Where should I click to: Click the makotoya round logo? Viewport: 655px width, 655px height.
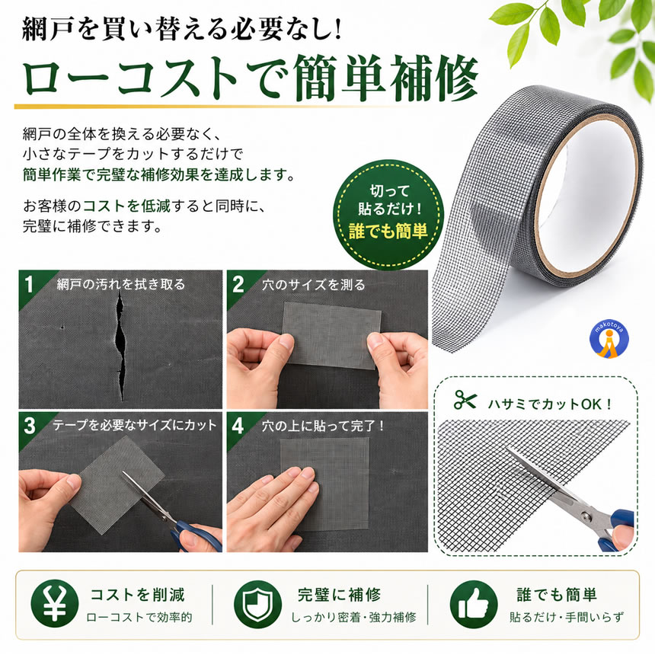coord(609,340)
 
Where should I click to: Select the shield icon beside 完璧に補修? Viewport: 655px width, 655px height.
coord(257,604)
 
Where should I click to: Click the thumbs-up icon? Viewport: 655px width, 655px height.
coord(474,604)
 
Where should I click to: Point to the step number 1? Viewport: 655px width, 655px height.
coord(28,285)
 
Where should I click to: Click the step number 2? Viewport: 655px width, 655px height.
coord(238,285)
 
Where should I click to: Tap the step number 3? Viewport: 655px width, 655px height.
coord(29,426)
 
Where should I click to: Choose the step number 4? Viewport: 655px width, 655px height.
coord(238,426)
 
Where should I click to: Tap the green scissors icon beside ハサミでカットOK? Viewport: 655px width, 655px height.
coord(465,400)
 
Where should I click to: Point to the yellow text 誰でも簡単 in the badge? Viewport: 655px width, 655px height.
coord(388,231)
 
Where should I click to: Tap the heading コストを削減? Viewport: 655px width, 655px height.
coord(138,594)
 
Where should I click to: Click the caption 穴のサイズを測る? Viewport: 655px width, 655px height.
coord(313,285)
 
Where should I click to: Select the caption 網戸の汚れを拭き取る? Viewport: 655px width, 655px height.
coord(121,285)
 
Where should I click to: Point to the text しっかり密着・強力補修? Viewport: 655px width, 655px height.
coord(353,618)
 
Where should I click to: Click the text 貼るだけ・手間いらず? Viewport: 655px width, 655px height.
coord(567,618)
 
